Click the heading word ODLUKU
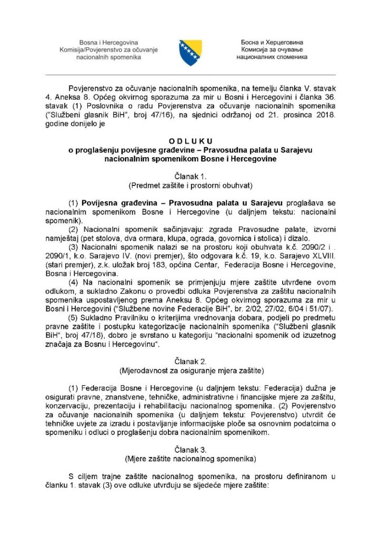coord(190,141)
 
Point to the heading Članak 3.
coord(190,449)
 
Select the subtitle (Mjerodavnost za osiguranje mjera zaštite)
coord(190,370)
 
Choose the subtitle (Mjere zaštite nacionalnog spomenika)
coord(190,458)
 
